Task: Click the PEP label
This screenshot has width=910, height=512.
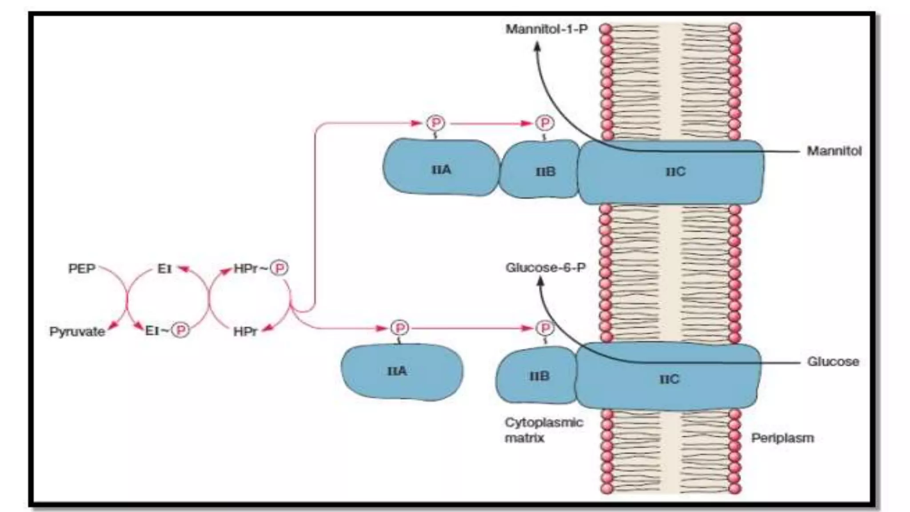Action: point(82,268)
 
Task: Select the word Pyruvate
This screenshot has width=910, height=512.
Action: point(77,332)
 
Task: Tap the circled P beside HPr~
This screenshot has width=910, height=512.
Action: point(280,268)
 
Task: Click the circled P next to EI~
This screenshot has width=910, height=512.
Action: point(181,330)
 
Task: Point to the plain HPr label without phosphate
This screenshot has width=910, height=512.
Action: point(245,332)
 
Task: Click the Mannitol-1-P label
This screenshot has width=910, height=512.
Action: point(547,29)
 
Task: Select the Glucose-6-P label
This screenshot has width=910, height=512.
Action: point(545,268)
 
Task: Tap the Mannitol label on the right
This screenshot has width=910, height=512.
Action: point(834,151)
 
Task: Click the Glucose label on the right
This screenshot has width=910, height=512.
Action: point(833,361)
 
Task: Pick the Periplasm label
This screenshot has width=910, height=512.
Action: point(782,438)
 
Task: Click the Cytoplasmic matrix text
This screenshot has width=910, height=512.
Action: point(543,430)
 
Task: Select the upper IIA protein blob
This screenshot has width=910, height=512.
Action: point(441,168)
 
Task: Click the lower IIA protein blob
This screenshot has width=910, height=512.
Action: point(401,372)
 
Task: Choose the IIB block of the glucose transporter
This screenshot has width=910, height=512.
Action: point(539,376)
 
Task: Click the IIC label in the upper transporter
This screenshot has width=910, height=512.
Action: point(675,172)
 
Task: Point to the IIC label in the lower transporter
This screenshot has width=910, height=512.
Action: point(669,379)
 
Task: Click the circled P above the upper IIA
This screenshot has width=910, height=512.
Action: point(435,123)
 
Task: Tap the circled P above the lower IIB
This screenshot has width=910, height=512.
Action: point(545,328)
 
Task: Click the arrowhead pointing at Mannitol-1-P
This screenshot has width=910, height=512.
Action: point(537,46)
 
